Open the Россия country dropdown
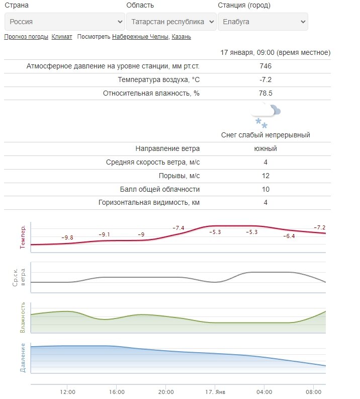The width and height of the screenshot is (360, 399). (x=64, y=22)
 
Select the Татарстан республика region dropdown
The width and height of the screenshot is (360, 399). (x=171, y=22)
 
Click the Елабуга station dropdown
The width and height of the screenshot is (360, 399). (x=262, y=22)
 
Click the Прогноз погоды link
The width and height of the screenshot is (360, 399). (x=26, y=37)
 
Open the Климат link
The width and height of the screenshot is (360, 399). (x=62, y=37)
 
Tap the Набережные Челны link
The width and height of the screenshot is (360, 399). (x=141, y=37)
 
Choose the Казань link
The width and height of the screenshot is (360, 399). (x=182, y=37)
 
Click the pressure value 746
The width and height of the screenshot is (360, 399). (x=265, y=66)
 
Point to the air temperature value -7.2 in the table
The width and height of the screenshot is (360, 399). (x=265, y=79)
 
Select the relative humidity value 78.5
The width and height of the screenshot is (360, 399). (x=265, y=93)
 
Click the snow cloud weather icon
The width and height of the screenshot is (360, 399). (x=265, y=116)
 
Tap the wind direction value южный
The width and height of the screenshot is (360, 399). (x=265, y=148)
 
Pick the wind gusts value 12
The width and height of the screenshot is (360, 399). (x=265, y=176)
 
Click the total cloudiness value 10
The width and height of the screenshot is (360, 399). (x=265, y=189)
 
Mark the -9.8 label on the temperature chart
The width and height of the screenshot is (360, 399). (x=67, y=237)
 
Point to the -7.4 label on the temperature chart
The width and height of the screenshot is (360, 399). (x=178, y=228)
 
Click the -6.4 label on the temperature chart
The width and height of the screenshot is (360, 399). (x=289, y=236)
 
